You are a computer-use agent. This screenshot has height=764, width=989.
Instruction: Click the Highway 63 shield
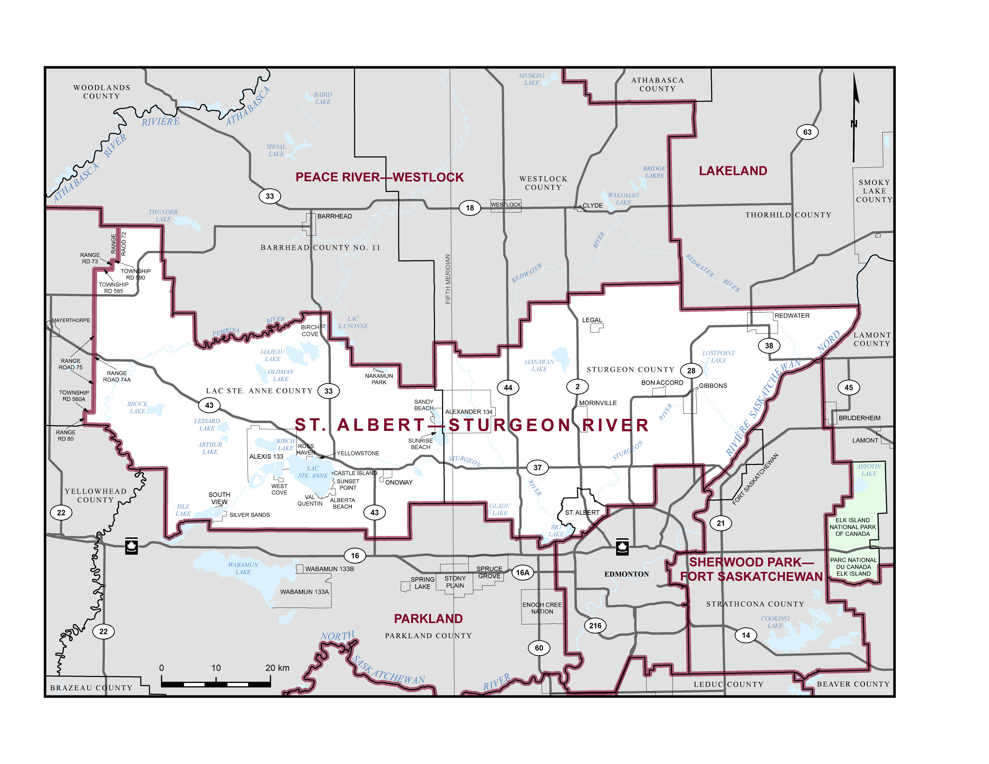(807, 132)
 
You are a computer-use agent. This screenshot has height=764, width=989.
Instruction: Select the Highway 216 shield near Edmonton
(595, 626)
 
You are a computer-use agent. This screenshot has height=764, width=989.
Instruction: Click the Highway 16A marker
(523, 573)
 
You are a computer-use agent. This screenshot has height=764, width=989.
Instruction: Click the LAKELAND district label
(733, 171)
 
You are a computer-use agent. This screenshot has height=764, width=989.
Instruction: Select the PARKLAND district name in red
(428, 619)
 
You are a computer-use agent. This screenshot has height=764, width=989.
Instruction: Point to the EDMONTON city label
(626, 574)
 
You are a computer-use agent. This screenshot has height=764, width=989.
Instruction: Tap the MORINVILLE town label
(598, 403)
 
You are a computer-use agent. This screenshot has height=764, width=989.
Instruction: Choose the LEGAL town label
(592, 320)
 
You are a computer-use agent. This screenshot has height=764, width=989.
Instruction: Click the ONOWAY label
(399, 482)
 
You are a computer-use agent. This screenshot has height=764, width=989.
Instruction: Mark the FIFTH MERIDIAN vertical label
(448, 279)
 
